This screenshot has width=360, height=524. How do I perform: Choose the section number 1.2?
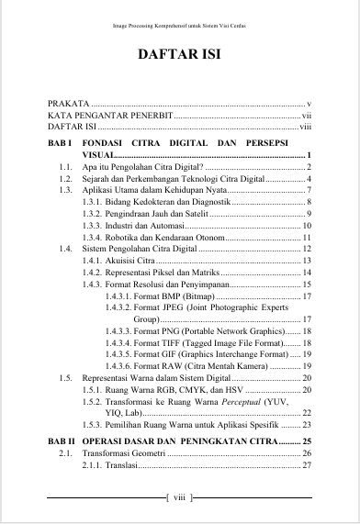(x=64, y=179)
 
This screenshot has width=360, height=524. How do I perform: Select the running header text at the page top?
(x=179, y=26)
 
